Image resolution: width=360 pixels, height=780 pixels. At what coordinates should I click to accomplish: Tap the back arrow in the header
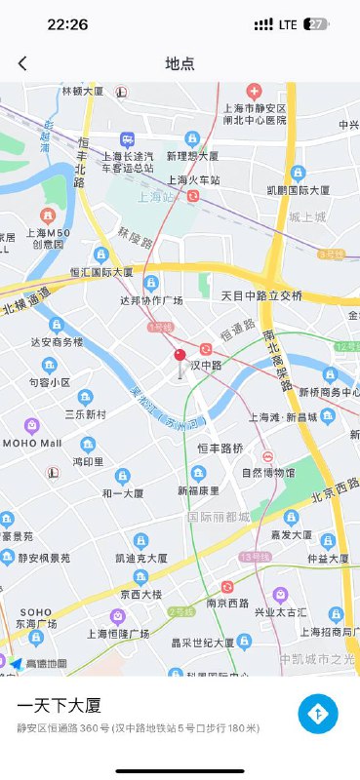[22, 63]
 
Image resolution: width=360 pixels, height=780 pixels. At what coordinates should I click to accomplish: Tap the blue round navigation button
[318, 714]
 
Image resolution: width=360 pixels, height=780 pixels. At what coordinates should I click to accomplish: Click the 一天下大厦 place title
[60, 705]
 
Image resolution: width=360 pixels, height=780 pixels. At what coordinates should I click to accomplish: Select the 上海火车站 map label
[193, 180]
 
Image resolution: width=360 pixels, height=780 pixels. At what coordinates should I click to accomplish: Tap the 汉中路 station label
[206, 365]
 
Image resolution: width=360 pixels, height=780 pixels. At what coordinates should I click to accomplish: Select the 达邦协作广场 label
[151, 300]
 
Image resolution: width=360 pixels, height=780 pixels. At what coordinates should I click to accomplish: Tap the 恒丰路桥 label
[220, 448]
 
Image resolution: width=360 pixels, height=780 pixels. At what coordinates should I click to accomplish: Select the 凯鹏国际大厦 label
[298, 190]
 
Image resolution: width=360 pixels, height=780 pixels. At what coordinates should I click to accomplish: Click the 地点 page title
[180, 63]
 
